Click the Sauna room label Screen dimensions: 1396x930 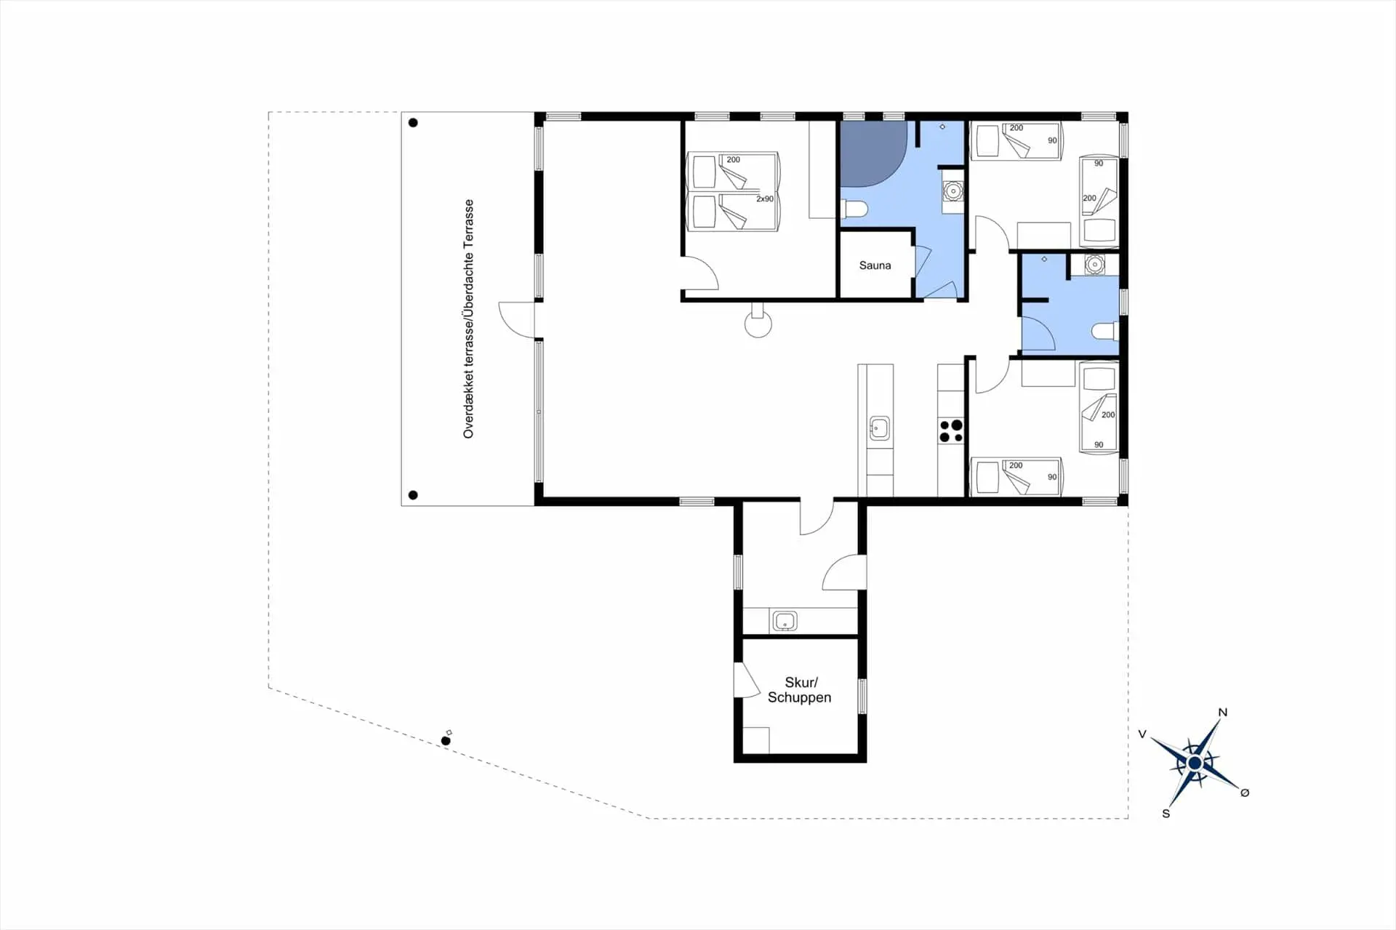(x=875, y=265)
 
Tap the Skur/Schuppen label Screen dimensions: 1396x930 (x=800, y=690)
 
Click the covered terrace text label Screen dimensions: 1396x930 (x=468, y=319)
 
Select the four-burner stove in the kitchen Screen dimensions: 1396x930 (x=951, y=430)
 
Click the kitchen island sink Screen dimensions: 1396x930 (x=879, y=428)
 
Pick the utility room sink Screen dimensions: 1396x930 (x=785, y=622)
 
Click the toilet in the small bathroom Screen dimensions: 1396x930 (x=1105, y=332)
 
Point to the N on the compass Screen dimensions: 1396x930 (x=1222, y=713)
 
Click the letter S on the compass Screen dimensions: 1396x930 (x=1166, y=814)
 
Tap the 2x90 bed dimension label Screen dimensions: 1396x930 (x=765, y=199)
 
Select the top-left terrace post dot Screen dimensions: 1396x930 (x=413, y=123)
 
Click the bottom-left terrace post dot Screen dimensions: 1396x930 (x=413, y=495)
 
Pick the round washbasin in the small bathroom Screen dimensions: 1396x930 (x=1094, y=265)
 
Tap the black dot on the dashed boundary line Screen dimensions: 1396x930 (x=446, y=741)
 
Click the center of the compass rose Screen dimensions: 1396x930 (x=1195, y=763)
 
